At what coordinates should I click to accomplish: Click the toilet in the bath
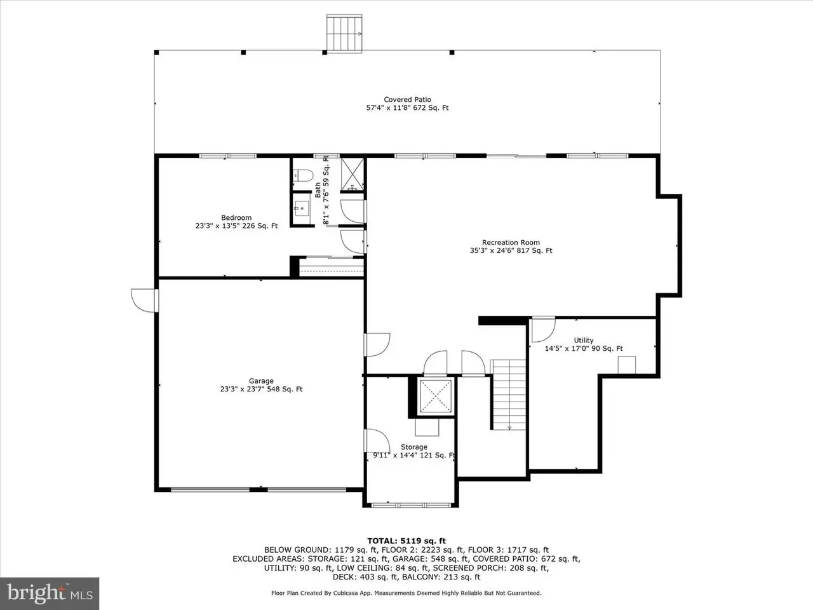(x=303, y=175)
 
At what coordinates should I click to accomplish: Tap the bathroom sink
(x=302, y=208)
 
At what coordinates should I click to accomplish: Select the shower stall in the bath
(x=353, y=173)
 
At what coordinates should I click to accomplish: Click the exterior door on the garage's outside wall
(x=145, y=301)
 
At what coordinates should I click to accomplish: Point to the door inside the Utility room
(x=543, y=330)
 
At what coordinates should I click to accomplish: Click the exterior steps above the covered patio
(x=344, y=33)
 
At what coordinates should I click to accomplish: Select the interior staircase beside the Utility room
(x=509, y=395)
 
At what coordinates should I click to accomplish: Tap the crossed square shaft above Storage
(x=436, y=396)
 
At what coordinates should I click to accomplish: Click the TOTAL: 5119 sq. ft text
(x=406, y=541)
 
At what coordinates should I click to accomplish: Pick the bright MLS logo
(x=50, y=593)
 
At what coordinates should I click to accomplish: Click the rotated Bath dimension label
(x=322, y=190)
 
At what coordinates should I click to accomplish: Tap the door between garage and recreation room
(x=377, y=345)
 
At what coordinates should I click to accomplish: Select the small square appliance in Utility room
(x=627, y=365)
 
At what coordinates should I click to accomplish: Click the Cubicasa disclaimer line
(x=406, y=593)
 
